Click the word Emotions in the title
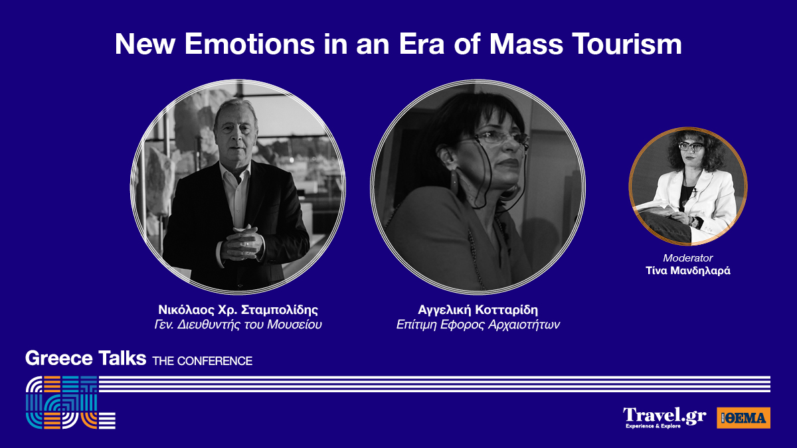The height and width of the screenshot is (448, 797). [250, 44]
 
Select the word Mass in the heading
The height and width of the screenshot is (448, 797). [526, 44]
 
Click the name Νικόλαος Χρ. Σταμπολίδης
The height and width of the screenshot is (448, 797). [238, 310]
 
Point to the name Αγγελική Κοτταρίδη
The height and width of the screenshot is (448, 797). [478, 310]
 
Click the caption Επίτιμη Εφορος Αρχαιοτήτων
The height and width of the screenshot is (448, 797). [478, 325]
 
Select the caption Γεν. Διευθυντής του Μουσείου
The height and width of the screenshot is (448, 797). [238, 325]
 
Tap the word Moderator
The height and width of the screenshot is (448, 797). [688, 258]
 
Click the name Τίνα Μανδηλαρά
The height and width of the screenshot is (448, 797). [688, 271]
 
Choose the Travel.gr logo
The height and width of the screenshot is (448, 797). [664, 417]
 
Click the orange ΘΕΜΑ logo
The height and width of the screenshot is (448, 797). [743, 417]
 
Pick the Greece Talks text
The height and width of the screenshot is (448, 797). [86, 358]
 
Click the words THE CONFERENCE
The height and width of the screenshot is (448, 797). [203, 361]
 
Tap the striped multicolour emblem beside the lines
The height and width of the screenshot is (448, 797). [70, 402]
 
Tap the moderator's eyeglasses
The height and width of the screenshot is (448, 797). [690, 146]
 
